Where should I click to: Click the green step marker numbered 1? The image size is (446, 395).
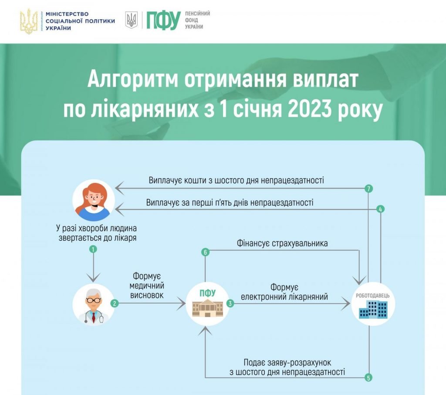[x=92, y=250]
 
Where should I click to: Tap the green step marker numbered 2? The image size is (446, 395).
[x=115, y=304]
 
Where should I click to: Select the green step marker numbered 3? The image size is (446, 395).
[x=230, y=304]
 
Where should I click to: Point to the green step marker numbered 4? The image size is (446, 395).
[x=380, y=209]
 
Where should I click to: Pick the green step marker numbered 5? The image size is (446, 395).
[x=369, y=378]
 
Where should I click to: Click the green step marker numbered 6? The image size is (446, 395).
[x=206, y=252]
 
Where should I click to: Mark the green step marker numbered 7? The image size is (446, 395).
[x=369, y=189]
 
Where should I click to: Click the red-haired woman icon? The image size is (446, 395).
[x=93, y=200]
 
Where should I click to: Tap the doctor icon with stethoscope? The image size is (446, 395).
[x=94, y=304]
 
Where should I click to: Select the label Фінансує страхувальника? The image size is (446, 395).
[x=282, y=243]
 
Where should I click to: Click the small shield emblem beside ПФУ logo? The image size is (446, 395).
[x=131, y=20]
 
